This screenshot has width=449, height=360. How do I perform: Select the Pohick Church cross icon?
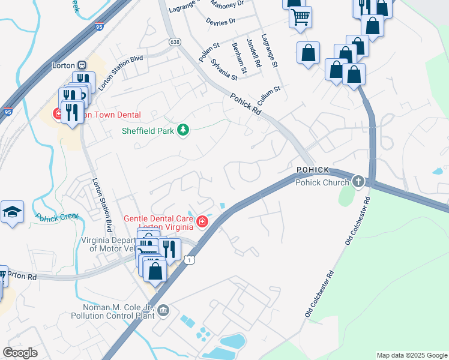click(x=358, y=181)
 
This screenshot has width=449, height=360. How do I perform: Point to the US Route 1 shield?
click(x=190, y=260)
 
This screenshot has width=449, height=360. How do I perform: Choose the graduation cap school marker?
click(x=11, y=212)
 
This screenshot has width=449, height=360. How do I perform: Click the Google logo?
click(x=20, y=353)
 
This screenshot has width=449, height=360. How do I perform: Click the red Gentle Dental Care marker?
click(x=202, y=223)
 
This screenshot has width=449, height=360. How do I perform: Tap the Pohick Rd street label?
click(x=246, y=104)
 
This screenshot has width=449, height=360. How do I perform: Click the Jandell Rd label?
click(x=252, y=52)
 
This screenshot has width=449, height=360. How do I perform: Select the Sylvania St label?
click(x=223, y=70)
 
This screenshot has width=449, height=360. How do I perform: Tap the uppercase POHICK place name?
click(x=313, y=170)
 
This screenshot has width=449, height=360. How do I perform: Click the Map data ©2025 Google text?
click(x=412, y=355)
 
